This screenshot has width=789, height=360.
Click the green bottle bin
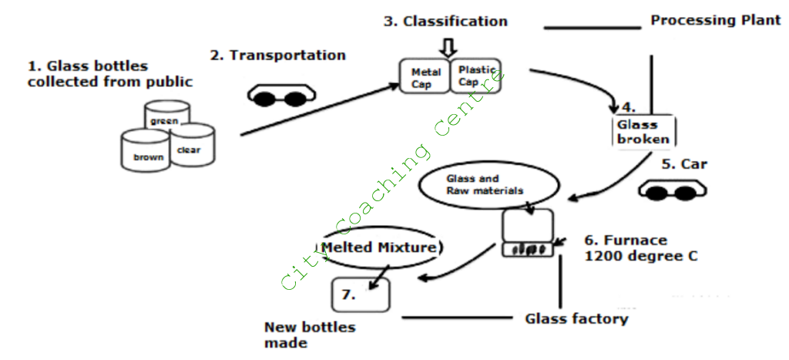(167, 116)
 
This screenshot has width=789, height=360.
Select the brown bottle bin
(147, 152)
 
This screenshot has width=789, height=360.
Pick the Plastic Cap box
(475, 76)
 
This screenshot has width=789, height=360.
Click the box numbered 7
(360, 294)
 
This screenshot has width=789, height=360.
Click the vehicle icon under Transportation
(281, 96)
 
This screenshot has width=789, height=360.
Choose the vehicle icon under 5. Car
(670, 190)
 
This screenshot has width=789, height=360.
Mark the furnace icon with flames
(529, 233)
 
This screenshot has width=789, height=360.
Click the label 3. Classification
(445, 22)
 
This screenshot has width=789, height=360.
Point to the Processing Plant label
(716, 20)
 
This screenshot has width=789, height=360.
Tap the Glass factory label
(576, 318)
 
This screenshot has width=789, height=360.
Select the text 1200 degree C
(641, 257)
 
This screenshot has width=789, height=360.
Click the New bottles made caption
(309, 335)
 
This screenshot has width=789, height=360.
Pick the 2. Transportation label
(277, 56)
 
